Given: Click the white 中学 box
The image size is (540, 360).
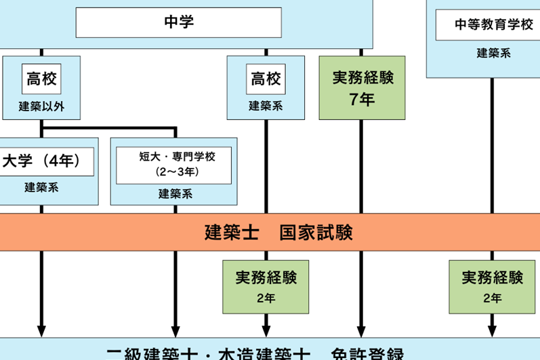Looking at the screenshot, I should [178, 22].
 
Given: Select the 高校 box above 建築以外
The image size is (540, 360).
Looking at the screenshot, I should [41, 79].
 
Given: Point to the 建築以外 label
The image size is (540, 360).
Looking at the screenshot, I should [41, 106].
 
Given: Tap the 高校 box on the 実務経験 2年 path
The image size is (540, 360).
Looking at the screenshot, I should [266, 79].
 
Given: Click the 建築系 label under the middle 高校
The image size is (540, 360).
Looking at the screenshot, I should [266, 106].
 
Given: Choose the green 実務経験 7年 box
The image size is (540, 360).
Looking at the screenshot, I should [362, 88].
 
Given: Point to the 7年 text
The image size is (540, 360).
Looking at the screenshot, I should [362, 100].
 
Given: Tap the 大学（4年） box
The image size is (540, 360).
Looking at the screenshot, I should [42, 161].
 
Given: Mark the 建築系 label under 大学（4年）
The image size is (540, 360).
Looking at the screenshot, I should [42, 188].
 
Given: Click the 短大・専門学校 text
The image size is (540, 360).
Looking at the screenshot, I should [176, 157].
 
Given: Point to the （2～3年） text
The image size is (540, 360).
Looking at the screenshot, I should [176, 171].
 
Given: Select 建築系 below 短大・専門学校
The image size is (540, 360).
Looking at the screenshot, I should [176, 193].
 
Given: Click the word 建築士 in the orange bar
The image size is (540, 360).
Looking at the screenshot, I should [232, 233].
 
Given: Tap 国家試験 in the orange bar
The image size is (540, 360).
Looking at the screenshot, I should [316, 233].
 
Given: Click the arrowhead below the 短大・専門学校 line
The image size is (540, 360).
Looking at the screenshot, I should [176, 331].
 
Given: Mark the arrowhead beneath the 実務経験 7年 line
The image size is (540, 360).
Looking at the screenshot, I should [360, 331].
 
